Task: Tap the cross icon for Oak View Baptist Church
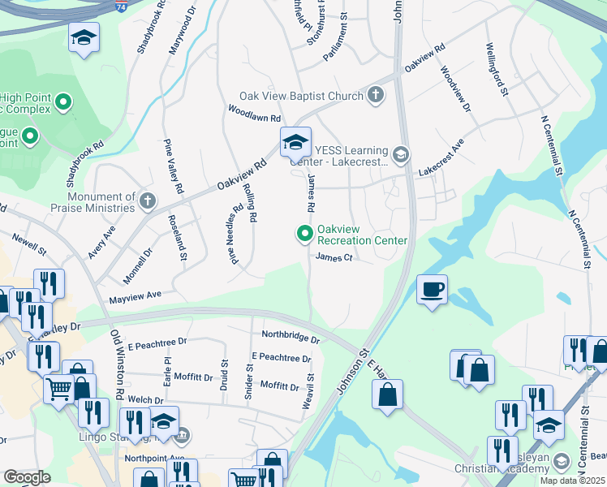click(375, 96)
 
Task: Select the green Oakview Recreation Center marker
click(305, 235)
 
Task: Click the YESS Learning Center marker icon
click(400, 154)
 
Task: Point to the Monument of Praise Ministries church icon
click(147, 200)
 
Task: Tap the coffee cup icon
click(433, 289)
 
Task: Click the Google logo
click(27, 477)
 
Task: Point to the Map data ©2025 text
click(572, 481)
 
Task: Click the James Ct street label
click(333, 257)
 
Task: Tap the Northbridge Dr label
click(290, 335)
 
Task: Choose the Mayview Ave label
click(136, 297)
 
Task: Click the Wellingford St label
click(497, 70)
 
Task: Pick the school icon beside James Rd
click(295, 143)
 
